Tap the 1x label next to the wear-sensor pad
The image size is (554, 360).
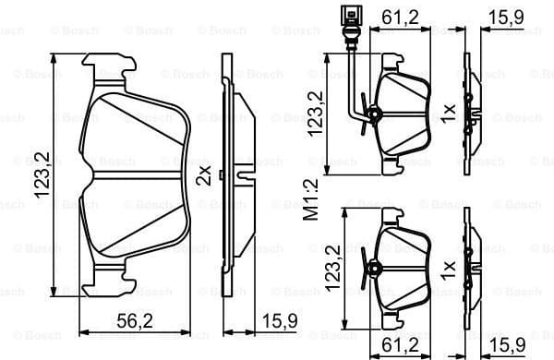click(x=448, y=113)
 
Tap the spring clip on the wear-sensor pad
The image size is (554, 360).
click(x=374, y=114)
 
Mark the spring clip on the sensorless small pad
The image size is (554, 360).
click(x=374, y=270)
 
